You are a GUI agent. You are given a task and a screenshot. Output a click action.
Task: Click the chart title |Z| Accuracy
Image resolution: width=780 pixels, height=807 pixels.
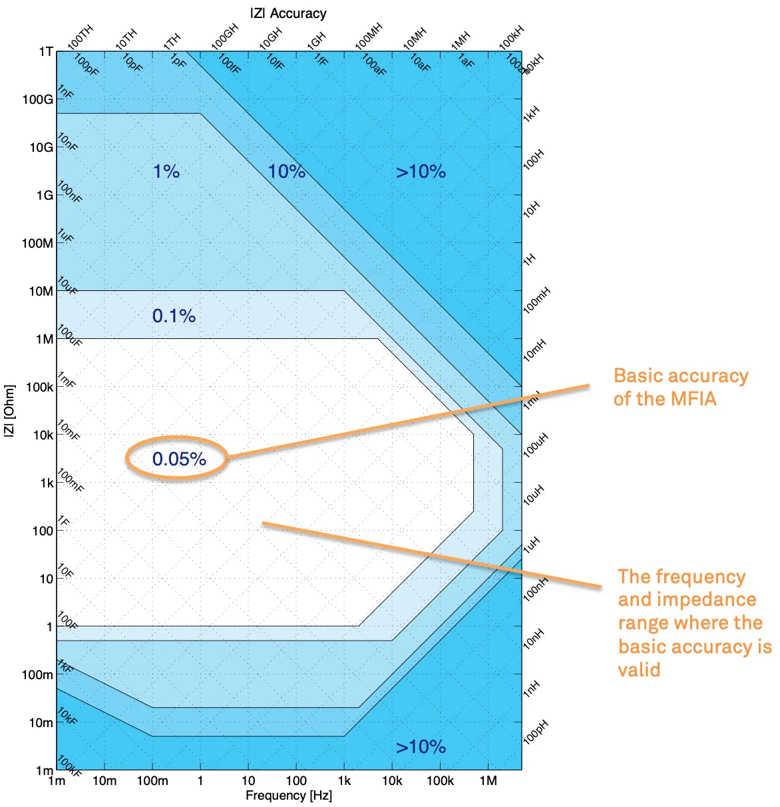point(288,13)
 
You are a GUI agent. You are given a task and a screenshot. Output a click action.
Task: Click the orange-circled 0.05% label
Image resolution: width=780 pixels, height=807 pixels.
point(179,459)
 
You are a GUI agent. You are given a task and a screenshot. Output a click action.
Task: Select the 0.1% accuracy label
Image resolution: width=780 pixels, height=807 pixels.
point(174,316)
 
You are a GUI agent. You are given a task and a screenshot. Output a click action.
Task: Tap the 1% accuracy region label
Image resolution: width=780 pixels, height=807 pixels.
point(166,172)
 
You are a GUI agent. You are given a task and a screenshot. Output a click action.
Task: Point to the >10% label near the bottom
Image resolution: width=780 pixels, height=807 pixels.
point(421,747)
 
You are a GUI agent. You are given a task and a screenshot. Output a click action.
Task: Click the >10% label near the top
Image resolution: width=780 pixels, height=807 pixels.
point(421,172)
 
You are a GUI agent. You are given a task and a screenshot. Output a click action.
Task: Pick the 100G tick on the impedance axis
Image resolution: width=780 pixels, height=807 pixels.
point(38,100)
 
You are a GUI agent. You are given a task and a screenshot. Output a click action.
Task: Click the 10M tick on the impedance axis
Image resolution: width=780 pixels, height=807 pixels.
point(41,292)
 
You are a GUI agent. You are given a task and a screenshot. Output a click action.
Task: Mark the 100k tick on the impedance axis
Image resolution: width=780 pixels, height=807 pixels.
point(39,388)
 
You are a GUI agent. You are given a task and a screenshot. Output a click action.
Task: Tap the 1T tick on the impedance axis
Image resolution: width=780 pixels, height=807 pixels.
point(45,52)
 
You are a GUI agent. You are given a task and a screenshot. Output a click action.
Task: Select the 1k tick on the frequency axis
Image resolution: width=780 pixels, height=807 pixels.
point(344,781)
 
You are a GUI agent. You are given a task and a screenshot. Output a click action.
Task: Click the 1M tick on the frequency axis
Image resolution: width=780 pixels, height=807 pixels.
point(488,781)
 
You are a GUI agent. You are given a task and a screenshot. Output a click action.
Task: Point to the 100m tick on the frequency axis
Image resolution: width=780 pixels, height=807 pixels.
point(152,781)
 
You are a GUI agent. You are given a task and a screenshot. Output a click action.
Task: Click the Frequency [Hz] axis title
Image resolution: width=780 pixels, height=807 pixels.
point(288,796)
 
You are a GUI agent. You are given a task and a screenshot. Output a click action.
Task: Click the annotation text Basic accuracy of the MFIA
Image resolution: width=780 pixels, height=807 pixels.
point(680,387)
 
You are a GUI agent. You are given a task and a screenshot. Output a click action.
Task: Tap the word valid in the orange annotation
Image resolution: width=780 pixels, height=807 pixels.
point(639,669)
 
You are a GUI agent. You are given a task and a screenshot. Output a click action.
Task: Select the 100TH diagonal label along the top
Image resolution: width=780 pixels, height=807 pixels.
point(80,37)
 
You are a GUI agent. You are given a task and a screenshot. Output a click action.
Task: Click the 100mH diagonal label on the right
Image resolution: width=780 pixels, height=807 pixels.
point(536,301)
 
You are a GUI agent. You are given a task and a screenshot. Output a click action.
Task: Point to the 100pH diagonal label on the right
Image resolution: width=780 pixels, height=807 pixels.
point(535,732)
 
